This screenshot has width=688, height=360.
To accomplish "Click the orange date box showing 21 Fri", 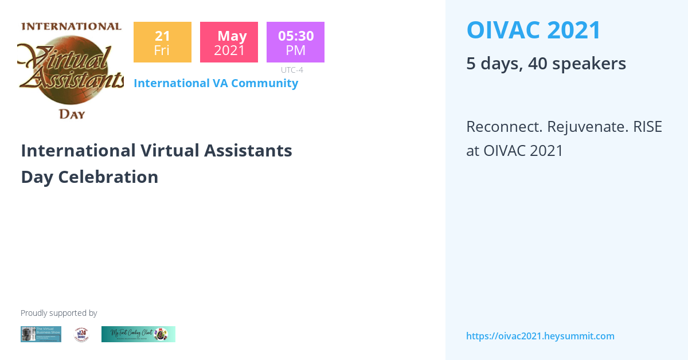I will tap(162, 42).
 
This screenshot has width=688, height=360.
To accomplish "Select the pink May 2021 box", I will tap(229, 42).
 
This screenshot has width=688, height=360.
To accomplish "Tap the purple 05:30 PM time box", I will tap(295, 42).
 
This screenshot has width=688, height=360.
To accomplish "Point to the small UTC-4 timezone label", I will tap(292, 70).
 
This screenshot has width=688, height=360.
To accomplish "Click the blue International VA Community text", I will tap(216, 83).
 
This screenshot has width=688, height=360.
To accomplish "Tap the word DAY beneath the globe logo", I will tap(72, 114).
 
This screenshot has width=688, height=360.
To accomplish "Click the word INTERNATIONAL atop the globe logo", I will tap(71, 26).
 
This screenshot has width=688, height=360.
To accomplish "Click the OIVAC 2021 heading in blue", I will tap(534, 30).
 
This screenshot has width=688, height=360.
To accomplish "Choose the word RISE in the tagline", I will tap(647, 127).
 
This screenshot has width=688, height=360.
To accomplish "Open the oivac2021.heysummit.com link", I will tap(540, 336).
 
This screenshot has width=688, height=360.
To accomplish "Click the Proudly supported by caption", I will tap(59, 313).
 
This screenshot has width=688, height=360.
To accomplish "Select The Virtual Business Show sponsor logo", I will tap(41, 334).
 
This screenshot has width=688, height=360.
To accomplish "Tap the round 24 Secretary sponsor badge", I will tap(81, 335).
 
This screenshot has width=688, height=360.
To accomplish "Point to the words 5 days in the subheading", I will tap(492, 64).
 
